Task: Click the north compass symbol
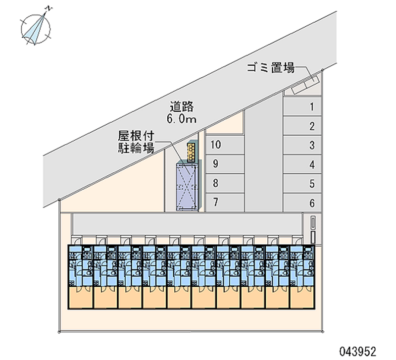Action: click(36, 26)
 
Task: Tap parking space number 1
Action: click(302, 106)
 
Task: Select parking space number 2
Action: click(302, 126)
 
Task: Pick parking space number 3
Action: click(302, 145)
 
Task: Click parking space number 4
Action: click(302, 164)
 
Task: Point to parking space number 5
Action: click(302, 184)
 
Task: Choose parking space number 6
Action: click(302, 203)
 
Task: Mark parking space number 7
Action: click(225, 202)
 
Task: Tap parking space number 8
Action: click(225, 183)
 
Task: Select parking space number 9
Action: click(225, 163)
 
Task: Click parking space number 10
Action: click(225, 145)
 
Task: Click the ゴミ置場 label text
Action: click(271, 68)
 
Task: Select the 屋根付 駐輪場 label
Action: click(136, 141)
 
